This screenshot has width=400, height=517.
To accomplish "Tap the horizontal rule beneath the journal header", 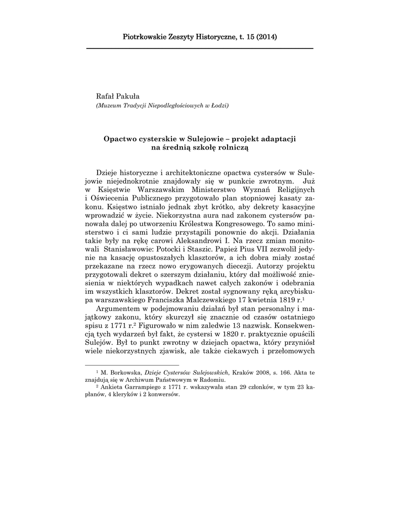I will pos(200,48).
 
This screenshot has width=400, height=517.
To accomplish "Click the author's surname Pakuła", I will pos(129,96).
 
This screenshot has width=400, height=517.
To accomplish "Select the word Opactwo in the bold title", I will pos(122,138).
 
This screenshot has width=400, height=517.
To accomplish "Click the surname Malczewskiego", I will pos(214,299).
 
